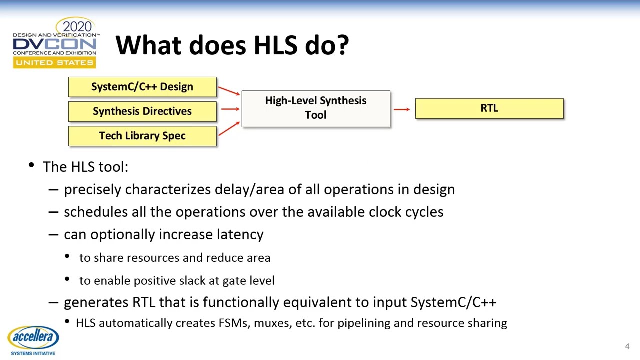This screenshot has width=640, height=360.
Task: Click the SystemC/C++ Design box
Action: click(x=142, y=87)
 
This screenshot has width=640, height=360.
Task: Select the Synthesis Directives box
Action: click(x=142, y=111)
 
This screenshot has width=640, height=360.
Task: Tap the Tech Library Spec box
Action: click(x=142, y=136)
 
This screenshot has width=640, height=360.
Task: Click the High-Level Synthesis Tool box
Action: click(x=315, y=108)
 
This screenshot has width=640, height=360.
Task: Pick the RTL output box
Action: click(x=489, y=108)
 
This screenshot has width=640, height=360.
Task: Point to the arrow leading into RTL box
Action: click(x=402, y=109)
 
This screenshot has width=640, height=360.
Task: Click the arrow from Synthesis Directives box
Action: click(x=229, y=109)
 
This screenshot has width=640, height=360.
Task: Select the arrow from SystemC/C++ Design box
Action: click(x=229, y=91)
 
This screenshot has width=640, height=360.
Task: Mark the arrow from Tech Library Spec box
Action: click(x=229, y=128)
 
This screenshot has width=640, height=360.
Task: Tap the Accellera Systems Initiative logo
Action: click(x=33, y=340)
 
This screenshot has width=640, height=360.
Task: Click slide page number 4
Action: click(x=627, y=346)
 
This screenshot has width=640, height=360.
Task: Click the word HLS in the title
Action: click(x=276, y=45)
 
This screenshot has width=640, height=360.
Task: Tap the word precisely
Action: click(x=93, y=190)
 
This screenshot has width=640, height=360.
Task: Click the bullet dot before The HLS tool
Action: click(x=32, y=166)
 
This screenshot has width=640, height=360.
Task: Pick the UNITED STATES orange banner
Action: click(x=54, y=63)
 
